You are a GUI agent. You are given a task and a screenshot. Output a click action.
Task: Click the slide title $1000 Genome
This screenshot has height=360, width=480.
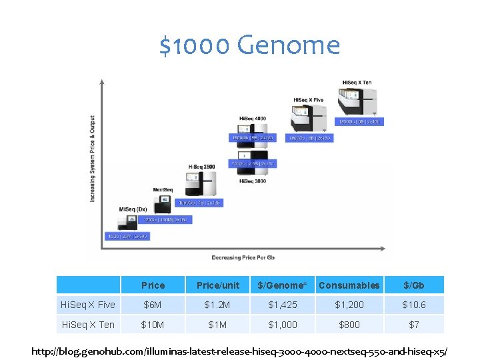coord(249,46)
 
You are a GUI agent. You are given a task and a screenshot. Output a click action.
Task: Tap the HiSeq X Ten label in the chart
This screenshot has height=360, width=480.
coord(357,83)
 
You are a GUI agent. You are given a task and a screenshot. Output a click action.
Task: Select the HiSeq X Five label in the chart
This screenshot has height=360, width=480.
coord(309,100)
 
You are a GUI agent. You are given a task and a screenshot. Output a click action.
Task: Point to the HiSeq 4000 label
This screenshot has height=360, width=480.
coord(253,119)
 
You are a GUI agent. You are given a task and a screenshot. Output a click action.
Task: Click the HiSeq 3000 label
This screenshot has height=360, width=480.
coord(253,181)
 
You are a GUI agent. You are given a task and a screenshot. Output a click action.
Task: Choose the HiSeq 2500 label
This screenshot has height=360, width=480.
coord(201,166)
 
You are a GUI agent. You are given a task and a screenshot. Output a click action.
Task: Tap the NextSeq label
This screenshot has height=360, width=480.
coord(163,189)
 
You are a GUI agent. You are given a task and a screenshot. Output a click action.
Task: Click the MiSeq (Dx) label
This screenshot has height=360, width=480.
coord(133,210)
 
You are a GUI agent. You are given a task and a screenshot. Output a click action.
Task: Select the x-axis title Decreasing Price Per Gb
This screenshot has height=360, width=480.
coord(243,257)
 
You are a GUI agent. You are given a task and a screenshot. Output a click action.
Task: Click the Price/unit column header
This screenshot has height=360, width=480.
coord(218,285)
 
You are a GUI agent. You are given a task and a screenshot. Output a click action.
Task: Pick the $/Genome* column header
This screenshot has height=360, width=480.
coord(282,285)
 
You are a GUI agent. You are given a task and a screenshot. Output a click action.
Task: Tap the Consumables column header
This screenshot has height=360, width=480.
coord(349,285)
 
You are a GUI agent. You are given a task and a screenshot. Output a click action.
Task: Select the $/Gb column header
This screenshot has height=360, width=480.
coord(413,285)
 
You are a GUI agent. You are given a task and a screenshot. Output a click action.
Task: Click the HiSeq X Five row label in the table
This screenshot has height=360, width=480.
coord(88,305)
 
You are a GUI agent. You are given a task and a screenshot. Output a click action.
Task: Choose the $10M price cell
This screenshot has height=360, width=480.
coord(153,325)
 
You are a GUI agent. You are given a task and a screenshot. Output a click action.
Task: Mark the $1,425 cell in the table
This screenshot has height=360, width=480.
coord(282,305)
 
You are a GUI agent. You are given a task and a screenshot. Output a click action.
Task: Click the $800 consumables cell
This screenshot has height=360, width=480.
coord(349,325)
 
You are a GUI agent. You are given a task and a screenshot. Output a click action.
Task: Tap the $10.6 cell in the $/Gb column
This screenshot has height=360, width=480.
coord(413,305)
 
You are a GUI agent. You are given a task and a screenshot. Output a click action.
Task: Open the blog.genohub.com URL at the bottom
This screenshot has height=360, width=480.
coord(239,350)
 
